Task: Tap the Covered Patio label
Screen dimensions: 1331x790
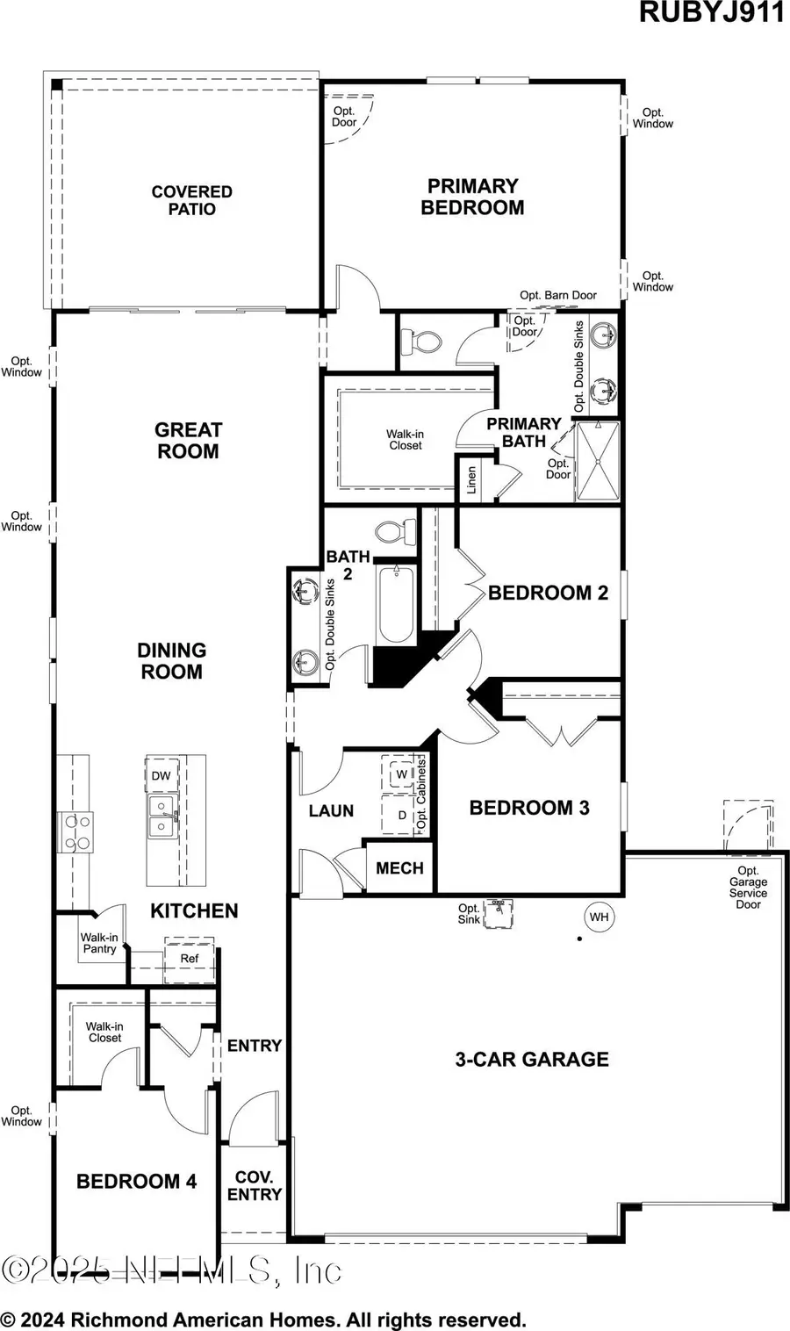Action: (x=191, y=200)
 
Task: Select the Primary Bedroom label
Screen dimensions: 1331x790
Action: (x=472, y=197)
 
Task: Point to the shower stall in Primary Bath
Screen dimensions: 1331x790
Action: (x=597, y=462)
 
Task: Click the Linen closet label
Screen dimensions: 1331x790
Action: (x=471, y=480)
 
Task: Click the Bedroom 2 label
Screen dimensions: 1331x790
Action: (x=548, y=593)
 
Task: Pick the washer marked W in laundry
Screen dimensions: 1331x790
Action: (x=402, y=773)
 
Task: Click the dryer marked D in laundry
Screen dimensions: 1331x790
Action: (x=402, y=815)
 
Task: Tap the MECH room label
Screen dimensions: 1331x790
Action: (x=399, y=868)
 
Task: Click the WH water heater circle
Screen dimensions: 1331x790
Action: (x=599, y=917)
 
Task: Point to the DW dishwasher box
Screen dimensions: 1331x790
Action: (x=161, y=775)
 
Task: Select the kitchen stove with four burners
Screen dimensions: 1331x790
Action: (x=75, y=831)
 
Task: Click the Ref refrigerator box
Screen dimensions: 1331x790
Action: (x=190, y=959)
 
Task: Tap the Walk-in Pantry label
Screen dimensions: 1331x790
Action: (x=99, y=943)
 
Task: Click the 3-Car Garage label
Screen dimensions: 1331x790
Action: (x=531, y=1060)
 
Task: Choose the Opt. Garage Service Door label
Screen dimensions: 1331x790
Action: (x=748, y=888)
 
